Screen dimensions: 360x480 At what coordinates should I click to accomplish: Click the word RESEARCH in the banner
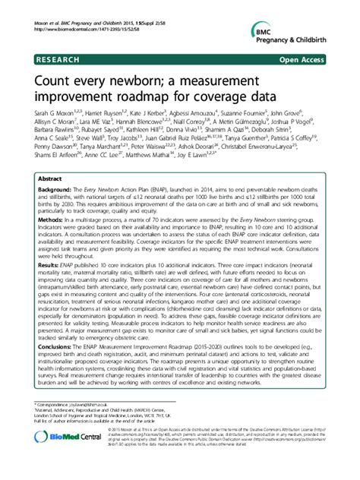(55, 58)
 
